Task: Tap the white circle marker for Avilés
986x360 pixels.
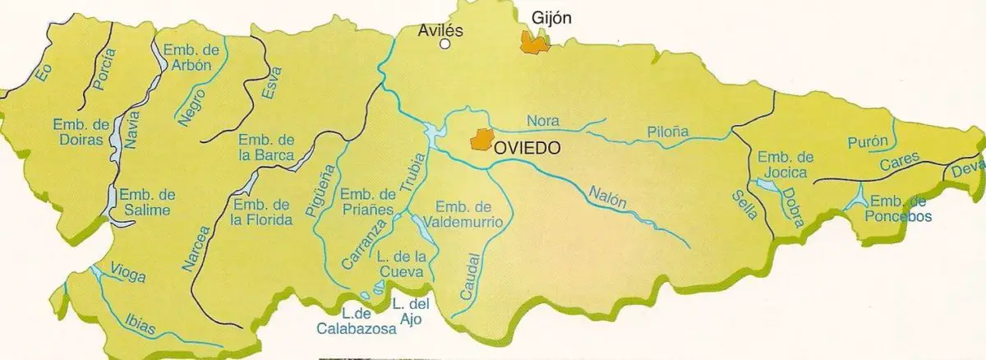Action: tap(445, 45)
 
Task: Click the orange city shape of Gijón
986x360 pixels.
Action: tap(534, 43)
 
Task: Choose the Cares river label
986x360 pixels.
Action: tap(898, 164)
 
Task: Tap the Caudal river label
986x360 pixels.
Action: tap(465, 276)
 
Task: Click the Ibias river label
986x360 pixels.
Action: tap(141, 324)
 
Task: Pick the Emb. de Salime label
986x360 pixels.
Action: tap(148, 202)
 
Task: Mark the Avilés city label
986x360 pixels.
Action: tap(441, 30)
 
